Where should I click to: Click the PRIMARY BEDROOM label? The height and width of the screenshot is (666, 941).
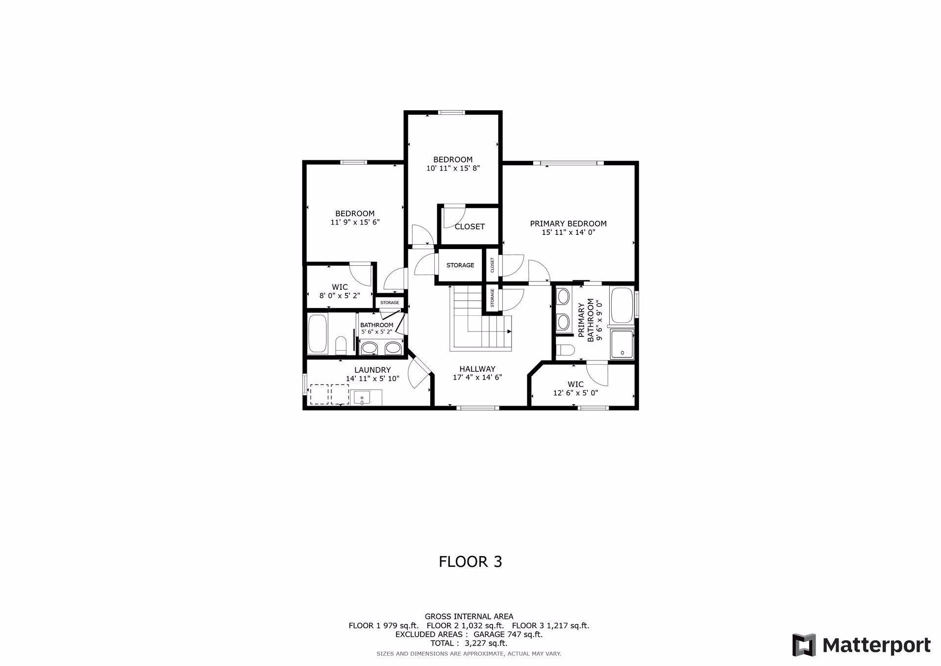[568, 224]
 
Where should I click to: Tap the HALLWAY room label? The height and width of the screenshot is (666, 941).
[477, 369]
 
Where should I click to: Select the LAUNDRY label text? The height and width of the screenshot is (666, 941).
[372, 370]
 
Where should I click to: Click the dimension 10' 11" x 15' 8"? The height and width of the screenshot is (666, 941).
[453, 168]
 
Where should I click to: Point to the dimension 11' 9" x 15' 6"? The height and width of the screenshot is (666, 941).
[355, 222]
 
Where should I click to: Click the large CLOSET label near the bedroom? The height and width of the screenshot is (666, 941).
[470, 227]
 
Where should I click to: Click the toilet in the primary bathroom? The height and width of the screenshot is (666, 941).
[566, 350]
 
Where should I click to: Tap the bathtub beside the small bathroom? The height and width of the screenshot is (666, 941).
[318, 334]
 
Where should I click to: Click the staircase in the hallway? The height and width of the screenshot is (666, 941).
[481, 319]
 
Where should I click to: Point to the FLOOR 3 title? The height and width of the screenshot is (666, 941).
[470, 562]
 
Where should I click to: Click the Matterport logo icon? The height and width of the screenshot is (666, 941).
[804, 645]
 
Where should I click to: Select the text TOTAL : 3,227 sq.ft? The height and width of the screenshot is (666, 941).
[469, 643]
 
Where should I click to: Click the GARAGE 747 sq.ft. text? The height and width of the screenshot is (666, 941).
[508, 635]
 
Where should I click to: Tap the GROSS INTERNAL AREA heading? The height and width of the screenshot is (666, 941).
[469, 616]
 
